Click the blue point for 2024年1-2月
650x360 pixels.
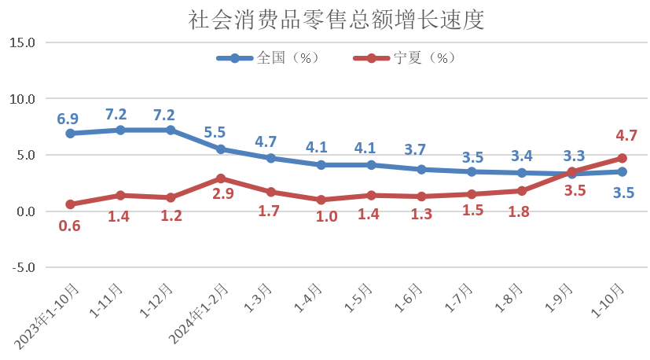pyautogui.click(x=221, y=149)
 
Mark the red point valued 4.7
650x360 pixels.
pyautogui.click(x=622, y=158)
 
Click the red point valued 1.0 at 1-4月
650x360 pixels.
pyautogui.click(x=321, y=200)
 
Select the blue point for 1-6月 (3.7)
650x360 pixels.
pyautogui.click(x=421, y=169)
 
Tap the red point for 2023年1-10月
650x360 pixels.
pyautogui.click(x=70, y=204)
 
